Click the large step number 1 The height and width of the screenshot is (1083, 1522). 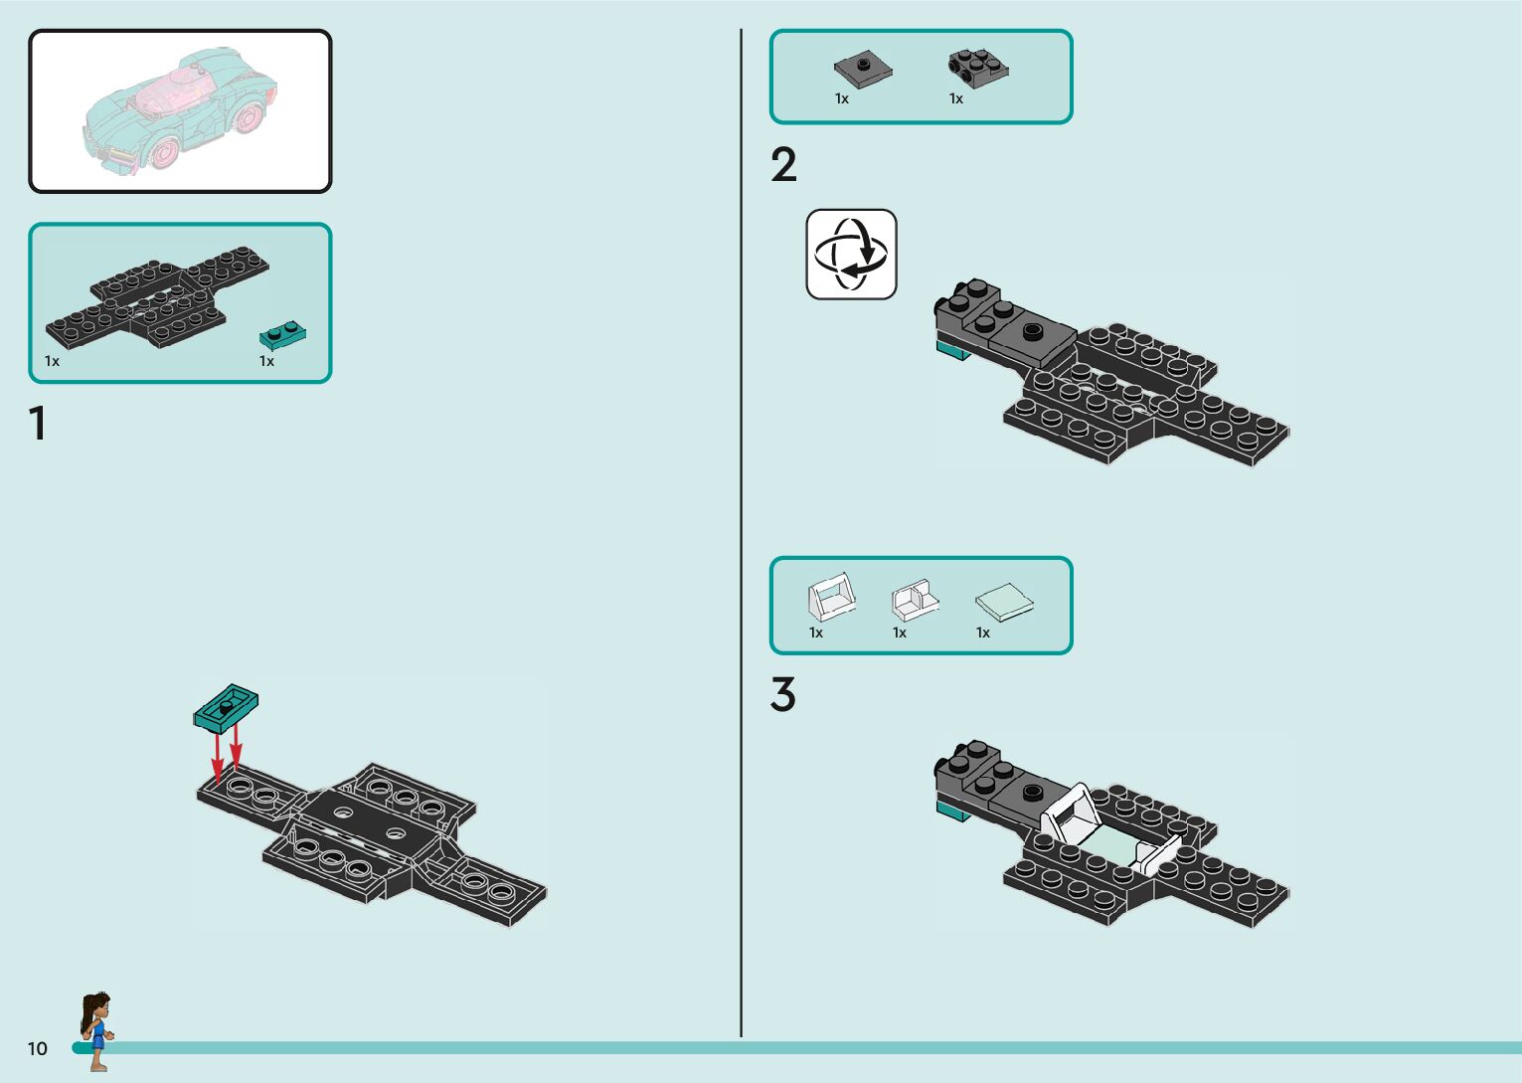(x=38, y=424)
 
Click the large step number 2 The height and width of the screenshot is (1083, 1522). (x=783, y=165)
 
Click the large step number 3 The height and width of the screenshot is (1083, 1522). (x=783, y=695)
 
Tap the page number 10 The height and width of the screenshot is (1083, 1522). (x=38, y=1048)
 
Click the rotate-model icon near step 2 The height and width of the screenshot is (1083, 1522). (x=851, y=254)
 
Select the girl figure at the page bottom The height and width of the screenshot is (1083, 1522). (x=96, y=1030)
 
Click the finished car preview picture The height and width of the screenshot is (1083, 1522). (x=180, y=110)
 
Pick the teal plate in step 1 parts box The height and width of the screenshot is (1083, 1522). (x=282, y=334)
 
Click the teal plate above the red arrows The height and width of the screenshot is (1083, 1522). (x=226, y=706)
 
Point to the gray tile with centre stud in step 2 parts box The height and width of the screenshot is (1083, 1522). (x=862, y=69)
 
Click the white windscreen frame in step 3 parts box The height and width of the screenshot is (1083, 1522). (x=830, y=597)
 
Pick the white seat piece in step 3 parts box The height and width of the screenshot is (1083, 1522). (x=915, y=600)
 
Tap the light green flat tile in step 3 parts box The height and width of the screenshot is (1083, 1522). (x=1004, y=602)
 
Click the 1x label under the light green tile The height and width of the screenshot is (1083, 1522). (x=983, y=632)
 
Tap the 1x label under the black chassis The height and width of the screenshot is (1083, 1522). (x=52, y=361)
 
